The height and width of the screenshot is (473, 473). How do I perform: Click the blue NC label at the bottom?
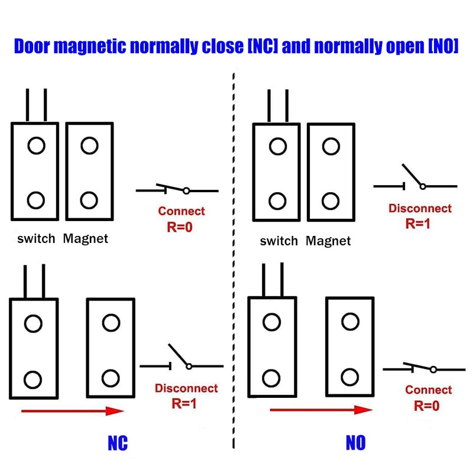point(118,443)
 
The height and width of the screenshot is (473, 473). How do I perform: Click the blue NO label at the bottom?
point(356,442)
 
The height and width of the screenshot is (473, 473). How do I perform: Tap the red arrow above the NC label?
point(72,411)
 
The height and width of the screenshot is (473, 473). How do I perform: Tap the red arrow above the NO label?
point(321,410)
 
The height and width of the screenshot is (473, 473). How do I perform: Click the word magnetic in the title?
point(90,47)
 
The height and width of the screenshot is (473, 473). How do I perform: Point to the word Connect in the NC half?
point(182,211)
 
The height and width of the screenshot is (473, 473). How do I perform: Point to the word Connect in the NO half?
point(428,390)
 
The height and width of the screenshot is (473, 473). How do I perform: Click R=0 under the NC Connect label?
point(180,227)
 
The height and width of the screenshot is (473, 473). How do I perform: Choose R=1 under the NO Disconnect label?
point(418,223)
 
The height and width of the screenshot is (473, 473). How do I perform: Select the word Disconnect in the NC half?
point(186,388)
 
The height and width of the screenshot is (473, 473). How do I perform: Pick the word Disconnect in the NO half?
point(420,208)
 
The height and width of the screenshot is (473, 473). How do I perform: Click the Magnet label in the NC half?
point(85,239)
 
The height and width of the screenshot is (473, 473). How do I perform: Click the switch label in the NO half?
point(278,241)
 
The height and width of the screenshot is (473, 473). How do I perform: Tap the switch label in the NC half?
point(36,239)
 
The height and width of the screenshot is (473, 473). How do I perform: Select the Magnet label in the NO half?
point(328,241)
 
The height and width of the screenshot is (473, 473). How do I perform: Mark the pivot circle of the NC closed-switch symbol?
point(186,190)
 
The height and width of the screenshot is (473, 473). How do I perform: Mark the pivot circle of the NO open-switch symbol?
point(423,186)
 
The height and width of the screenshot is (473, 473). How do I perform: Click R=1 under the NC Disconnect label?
point(184,403)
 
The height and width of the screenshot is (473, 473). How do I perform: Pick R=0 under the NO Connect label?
point(426,406)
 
